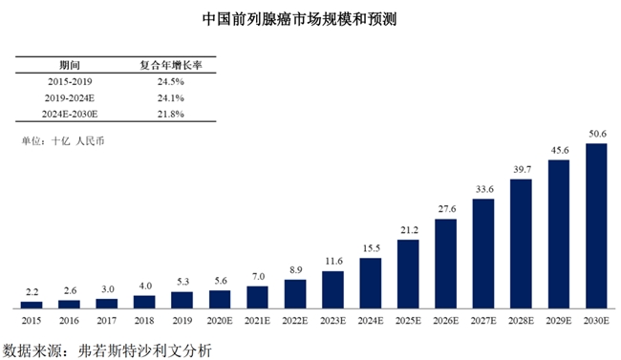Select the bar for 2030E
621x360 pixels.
pyautogui.click(x=596, y=225)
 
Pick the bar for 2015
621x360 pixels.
pyautogui.click(x=32, y=304)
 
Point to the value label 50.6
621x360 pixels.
pyautogui.click(x=596, y=136)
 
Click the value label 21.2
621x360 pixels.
pyautogui.click(x=408, y=230)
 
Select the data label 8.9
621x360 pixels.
pyautogui.click(x=295, y=270)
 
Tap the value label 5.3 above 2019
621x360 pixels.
pyautogui.click(x=182, y=282)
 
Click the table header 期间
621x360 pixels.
pyautogui.click(x=70, y=65)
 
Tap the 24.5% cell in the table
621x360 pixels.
pyautogui.click(x=170, y=82)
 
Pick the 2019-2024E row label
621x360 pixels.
pyautogui.click(x=70, y=97)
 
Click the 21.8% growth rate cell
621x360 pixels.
pyautogui.click(x=170, y=114)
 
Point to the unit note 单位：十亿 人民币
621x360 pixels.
pyautogui.click(x=63, y=142)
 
